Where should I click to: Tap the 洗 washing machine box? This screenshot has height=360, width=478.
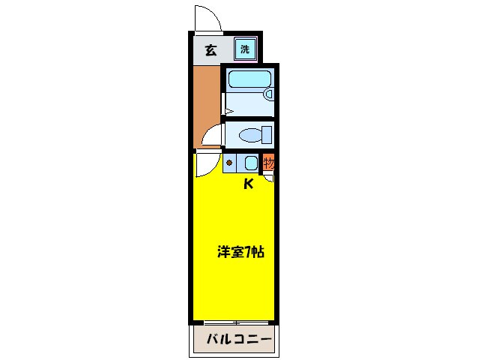(x=245, y=50)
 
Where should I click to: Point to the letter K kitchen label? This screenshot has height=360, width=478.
(x=248, y=184)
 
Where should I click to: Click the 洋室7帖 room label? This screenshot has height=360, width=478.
(x=240, y=253)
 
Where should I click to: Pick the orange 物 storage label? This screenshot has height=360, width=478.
(x=269, y=162)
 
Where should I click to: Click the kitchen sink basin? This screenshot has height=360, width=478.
(x=251, y=162)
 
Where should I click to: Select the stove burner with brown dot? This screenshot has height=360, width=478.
(x=229, y=162)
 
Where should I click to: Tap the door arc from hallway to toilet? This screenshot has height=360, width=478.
(x=212, y=137)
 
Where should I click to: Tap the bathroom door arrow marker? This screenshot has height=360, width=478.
(x=228, y=112)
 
